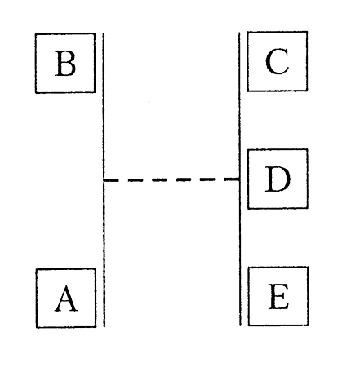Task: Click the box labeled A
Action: pyautogui.click(x=66, y=298)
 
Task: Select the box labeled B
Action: pyautogui.click(x=65, y=63)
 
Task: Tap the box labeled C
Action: pyautogui.click(x=278, y=61)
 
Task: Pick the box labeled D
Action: pyautogui.click(x=278, y=179)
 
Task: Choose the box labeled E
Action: pyautogui.click(x=278, y=296)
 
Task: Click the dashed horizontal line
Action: pyautogui.click(x=172, y=179)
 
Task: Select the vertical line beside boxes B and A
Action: pyautogui.click(x=104, y=180)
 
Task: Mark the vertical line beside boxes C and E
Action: pyautogui.click(x=240, y=179)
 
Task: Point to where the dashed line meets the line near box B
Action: pyautogui.click(x=104, y=179)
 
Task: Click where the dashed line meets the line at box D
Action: pyautogui.click(x=240, y=179)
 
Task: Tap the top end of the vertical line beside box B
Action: pyautogui.click(x=103, y=33)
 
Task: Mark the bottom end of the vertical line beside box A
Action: pyautogui.click(x=104, y=326)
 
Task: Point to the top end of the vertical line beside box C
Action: pyautogui.click(x=239, y=33)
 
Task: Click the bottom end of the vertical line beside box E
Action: pyautogui.click(x=240, y=325)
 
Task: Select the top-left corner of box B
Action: pyautogui.click(x=35, y=33)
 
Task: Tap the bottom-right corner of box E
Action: pyautogui.click(x=309, y=325)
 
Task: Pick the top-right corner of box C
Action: pyautogui.click(x=308, y=32)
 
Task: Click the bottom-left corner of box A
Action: pyautogui.click(x=37, y=328)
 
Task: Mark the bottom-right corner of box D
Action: pyautogui.click(x=308, y=208)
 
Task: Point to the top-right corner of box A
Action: pyautogui.click(x=96, y=268)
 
